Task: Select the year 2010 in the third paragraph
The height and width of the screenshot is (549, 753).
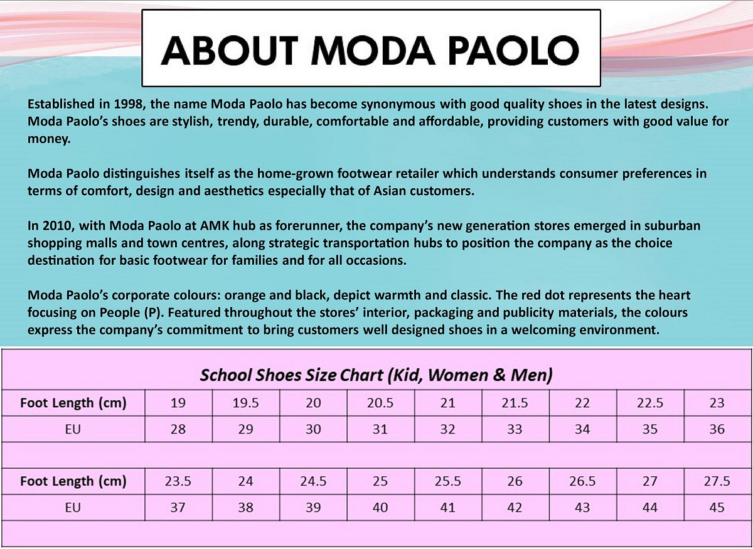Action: [x=55, y=225]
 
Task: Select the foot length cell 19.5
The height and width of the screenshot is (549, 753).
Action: [x=245, y=403]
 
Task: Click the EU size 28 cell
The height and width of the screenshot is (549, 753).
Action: [x=178, y=430]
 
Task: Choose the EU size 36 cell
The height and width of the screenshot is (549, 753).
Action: [x=717, y=430]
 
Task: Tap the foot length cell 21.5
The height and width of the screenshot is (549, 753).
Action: [x=515, y=403]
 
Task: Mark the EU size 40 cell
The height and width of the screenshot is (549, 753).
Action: [x=380, y=508]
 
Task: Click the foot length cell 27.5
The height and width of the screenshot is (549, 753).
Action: [x=717, y=481]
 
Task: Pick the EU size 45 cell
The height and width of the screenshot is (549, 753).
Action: [x=717, y=508]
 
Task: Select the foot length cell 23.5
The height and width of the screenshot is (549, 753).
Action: [x=178, y=481]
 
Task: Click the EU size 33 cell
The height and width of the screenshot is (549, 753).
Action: [x=515, y=430]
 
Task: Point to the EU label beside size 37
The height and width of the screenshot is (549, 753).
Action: [x=73, y=508]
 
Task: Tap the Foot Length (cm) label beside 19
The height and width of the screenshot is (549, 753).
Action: [x=73, y=403]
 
